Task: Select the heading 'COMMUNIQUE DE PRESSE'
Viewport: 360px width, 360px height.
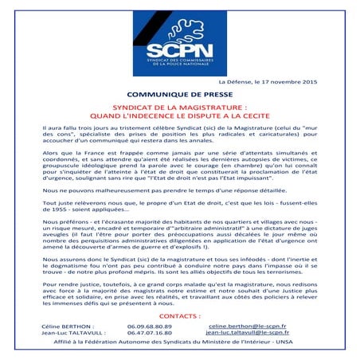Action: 180,95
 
